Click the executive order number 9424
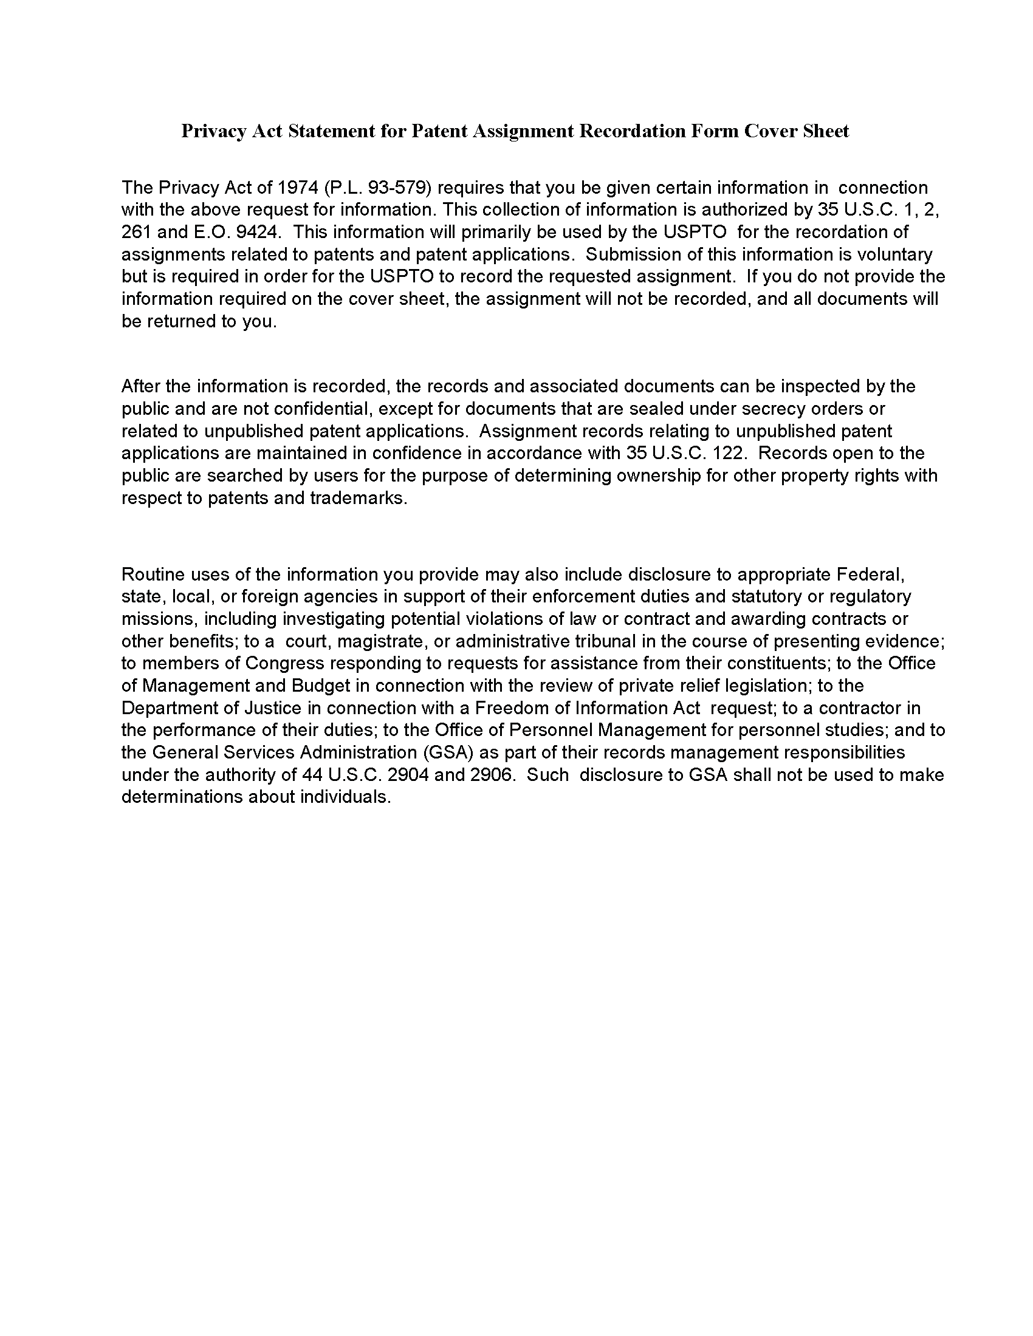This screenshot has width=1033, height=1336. click(x=252, y=232)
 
